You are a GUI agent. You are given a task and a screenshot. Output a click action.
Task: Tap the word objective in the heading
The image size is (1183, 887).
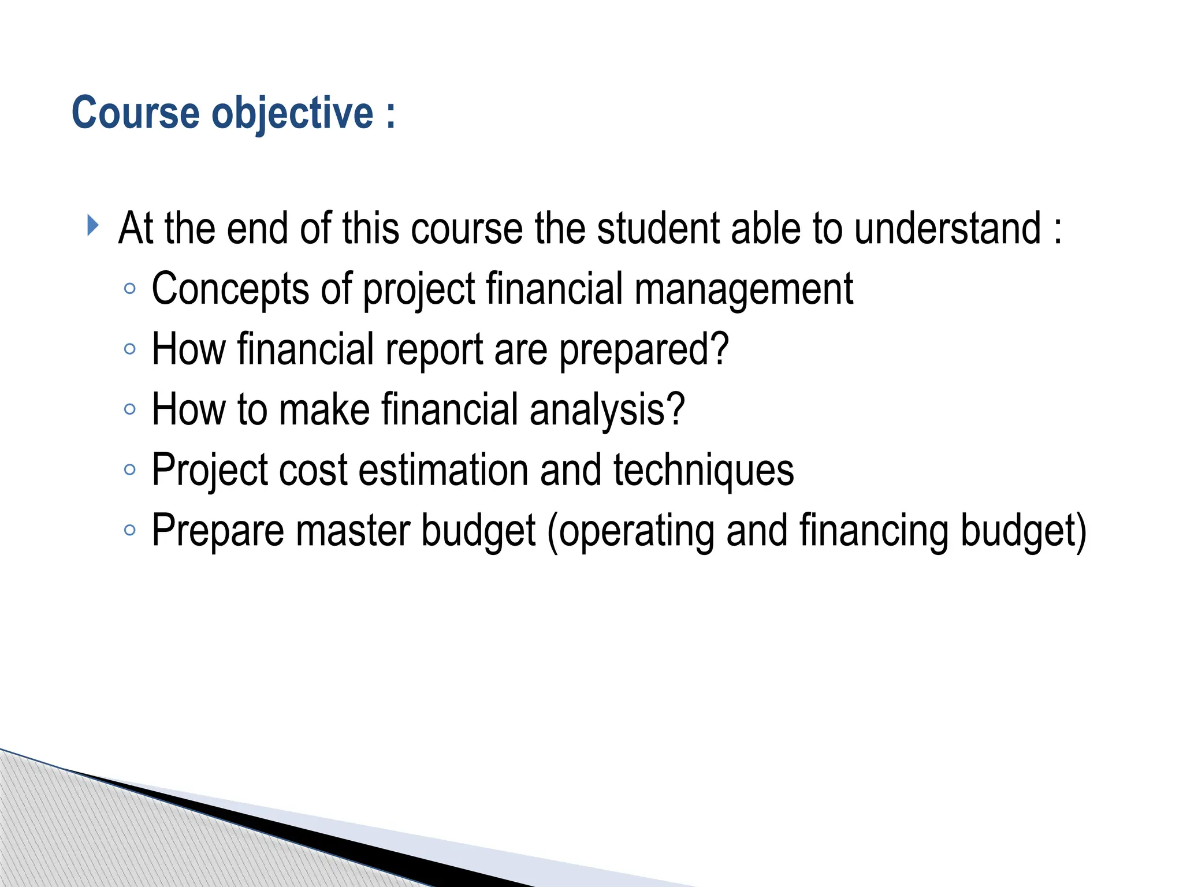tap(292, 113)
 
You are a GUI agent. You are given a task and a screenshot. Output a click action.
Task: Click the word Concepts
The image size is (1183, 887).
tap(230, 289)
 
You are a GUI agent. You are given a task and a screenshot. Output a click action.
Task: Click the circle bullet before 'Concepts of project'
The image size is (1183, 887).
tap(130, 289)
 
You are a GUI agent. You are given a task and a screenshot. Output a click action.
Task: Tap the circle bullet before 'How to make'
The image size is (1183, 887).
tap(130, 409)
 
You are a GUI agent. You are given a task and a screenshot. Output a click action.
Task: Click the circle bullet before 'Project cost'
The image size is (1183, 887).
tap(130, 469)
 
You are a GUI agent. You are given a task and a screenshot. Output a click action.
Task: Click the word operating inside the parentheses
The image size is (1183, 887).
tap(636, 531)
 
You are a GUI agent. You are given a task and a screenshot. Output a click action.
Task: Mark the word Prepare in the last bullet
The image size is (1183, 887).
tap(218, 531)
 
